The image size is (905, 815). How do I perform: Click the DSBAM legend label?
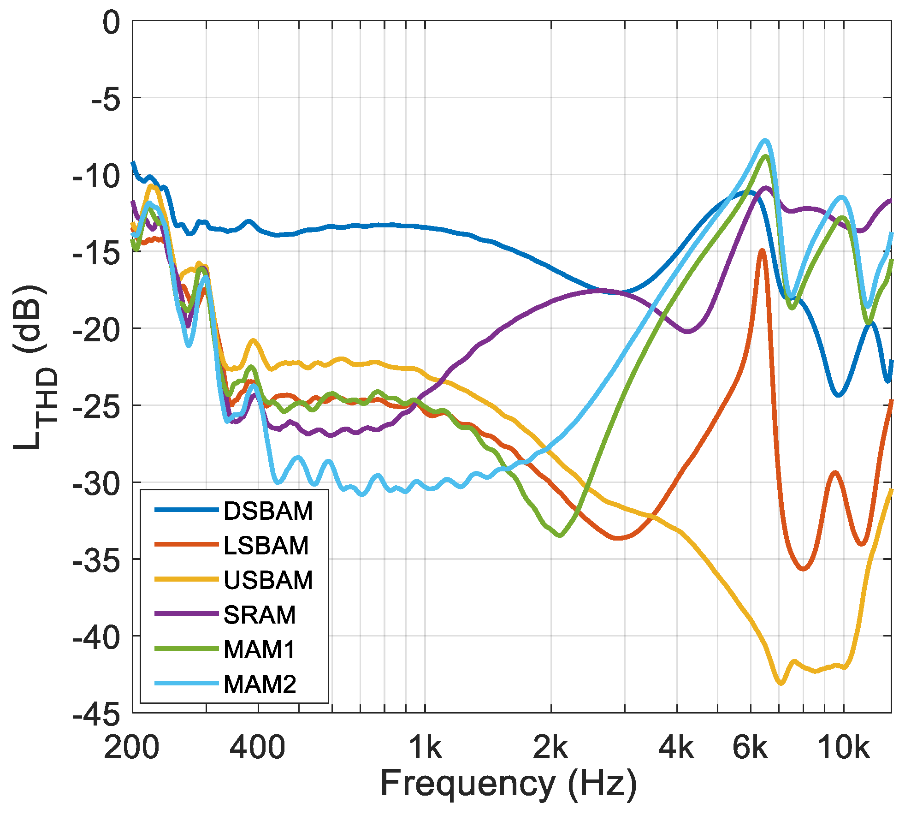tap(268, 511)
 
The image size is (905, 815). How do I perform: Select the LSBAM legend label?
tap(266, 546)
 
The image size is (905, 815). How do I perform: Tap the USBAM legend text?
tap(268, 580)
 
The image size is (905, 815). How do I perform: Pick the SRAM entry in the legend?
tap(260, 615)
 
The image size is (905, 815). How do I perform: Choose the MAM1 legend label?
tap(259, 649)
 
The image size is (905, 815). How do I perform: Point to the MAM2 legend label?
tap(260, 684)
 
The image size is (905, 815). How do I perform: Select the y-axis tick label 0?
tap(111, 23)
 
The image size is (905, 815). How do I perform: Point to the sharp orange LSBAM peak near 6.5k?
tap(762, 250)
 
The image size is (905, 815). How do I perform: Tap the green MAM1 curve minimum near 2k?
tap(560, 535)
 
